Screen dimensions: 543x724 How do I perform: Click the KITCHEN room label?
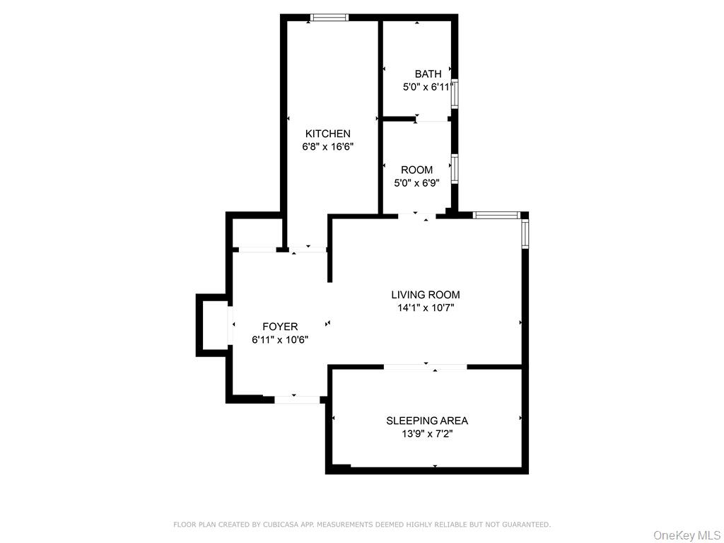pos(327,134)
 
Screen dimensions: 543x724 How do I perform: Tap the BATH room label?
pos(428,74)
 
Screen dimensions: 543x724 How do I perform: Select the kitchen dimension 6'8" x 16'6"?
pos(327,147)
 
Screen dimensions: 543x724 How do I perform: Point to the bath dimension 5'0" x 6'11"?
pos(428,87)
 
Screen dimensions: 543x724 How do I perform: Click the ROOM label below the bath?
pos(416,170)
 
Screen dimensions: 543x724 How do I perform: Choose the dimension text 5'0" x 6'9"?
pos(416,183)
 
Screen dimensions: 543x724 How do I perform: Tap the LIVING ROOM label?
pos(426,295)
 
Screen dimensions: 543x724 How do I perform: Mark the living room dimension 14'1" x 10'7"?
pos(426,308)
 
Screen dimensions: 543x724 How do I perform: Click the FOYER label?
pos(280,327)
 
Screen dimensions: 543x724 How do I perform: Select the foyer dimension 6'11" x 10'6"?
pos(280,340)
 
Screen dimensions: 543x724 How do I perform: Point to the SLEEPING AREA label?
pos(427,421)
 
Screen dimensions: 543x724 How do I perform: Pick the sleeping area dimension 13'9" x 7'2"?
pos(427,434)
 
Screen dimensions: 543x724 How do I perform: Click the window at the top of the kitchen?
pos(330,18)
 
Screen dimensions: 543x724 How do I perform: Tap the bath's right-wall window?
pos(455,93)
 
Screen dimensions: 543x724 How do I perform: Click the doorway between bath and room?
pos(431,119)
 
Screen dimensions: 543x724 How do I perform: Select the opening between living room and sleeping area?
pos(426,366)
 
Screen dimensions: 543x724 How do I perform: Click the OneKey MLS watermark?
pos(687,535)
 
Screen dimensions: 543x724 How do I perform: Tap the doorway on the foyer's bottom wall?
pos(297,399)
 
